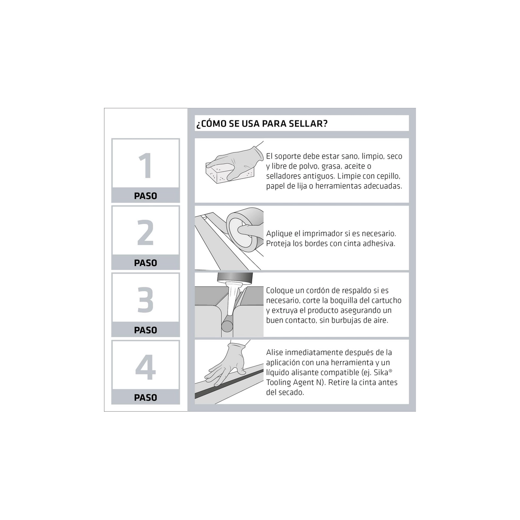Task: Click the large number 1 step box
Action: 146,170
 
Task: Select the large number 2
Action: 146,232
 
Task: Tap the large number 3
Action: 146,300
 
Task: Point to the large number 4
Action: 146,367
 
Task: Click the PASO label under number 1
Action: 146,196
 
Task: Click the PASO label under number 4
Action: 146,398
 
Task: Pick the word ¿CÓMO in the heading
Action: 211,123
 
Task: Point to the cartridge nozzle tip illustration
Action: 234,298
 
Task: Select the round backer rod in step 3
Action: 227,326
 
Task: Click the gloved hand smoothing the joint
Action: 227,364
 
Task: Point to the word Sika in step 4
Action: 381,372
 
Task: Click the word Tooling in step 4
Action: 279,383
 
